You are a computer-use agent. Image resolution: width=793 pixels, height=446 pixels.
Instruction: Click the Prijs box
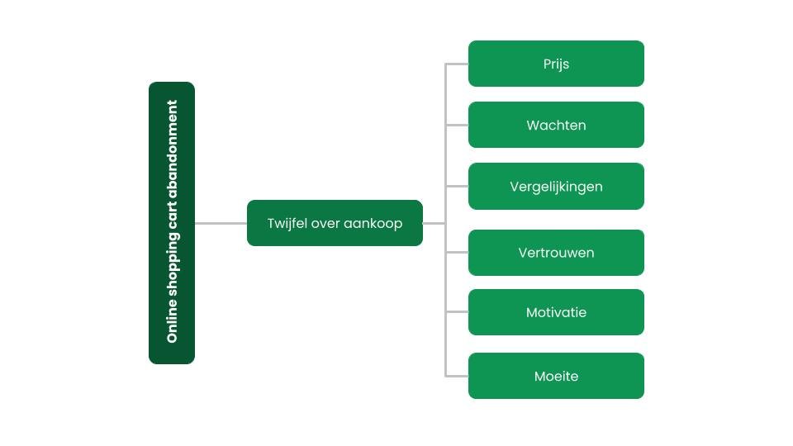[556, 64]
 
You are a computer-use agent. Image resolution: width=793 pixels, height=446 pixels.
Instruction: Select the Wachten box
[556, 125]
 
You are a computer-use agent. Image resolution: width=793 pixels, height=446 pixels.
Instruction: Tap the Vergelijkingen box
[556, 186]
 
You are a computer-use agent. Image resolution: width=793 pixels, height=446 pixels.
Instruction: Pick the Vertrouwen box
[556, 253]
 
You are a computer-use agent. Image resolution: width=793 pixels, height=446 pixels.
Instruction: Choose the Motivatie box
[556, 312]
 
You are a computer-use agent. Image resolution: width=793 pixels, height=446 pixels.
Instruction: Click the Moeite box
[556, 376]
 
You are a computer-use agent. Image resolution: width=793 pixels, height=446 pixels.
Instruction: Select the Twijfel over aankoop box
[335, 223]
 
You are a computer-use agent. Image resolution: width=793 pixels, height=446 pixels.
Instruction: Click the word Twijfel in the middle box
[287, 223]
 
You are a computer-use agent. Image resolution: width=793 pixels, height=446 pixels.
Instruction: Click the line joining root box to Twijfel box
[221, 223]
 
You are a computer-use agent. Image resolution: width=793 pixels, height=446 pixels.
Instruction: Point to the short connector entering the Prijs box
[457, 64]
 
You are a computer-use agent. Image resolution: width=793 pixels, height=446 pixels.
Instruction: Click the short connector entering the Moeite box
[457, 376]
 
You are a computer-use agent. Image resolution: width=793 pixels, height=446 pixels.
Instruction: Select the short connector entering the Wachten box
[457, 125]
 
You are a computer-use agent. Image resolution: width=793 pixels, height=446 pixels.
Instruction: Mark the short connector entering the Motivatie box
[457, 312]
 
